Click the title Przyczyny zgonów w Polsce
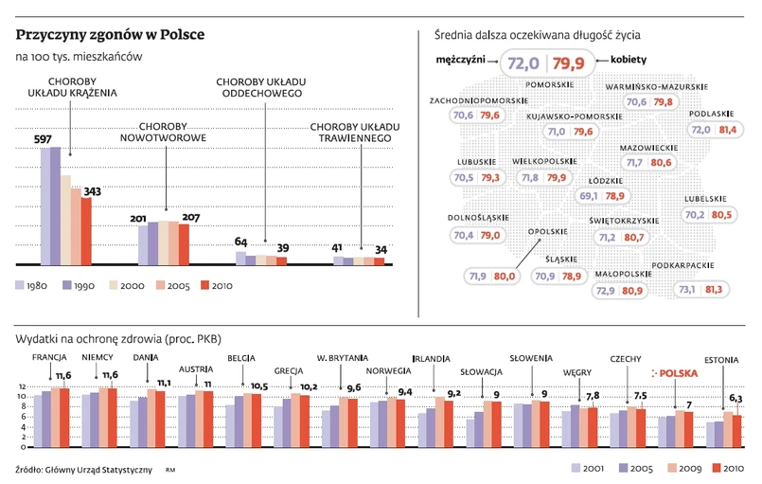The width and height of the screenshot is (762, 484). coord(110,36)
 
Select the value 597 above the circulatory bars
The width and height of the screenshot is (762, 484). coord(43,139)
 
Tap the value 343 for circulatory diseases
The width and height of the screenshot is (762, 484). coord(93,191)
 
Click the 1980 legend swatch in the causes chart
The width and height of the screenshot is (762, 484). coord(20,284)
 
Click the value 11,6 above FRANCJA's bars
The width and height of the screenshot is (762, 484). coord(63,376)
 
